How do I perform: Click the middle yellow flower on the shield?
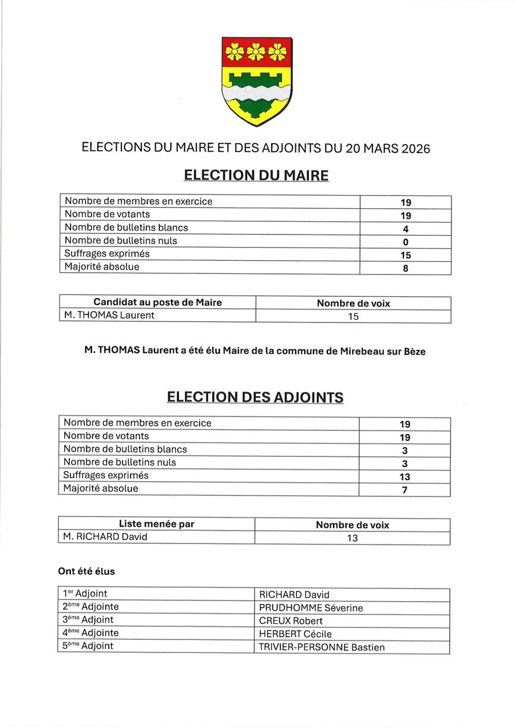256,52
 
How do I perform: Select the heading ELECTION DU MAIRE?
256,176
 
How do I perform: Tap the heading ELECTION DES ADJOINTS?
255,397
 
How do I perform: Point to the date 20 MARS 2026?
387,148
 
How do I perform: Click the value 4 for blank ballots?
405,229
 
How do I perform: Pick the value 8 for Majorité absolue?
405,268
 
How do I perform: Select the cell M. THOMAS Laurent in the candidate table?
109,316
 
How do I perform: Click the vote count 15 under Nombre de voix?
353,316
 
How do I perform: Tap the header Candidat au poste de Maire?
157,303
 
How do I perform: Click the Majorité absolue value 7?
405,490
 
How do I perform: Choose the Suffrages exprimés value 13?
405,477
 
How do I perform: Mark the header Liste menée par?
156,524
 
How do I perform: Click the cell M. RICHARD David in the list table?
105,537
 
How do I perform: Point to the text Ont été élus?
86,571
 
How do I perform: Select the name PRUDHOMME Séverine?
311,608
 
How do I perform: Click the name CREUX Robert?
291,621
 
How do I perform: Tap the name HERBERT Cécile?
295,634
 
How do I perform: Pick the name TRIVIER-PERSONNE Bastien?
322,647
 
